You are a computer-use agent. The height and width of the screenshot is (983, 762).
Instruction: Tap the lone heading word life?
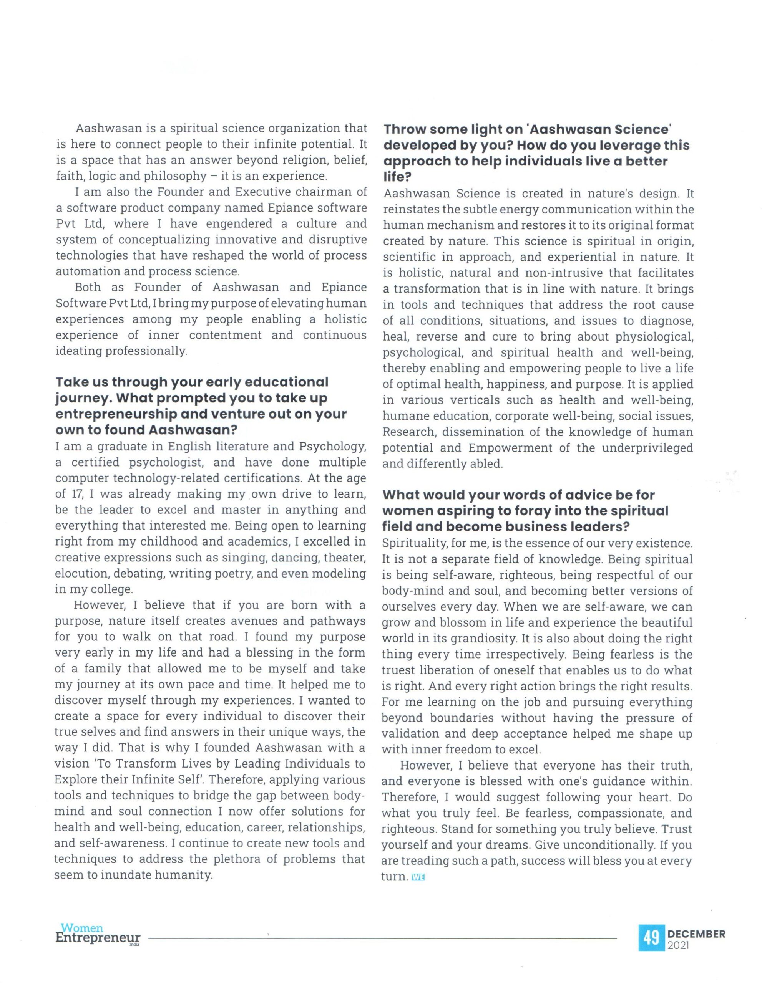(395, 177)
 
